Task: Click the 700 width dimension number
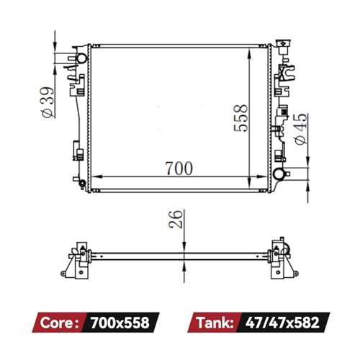click(x=178, y=168)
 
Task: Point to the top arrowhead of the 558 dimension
click(x=250, y=48)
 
